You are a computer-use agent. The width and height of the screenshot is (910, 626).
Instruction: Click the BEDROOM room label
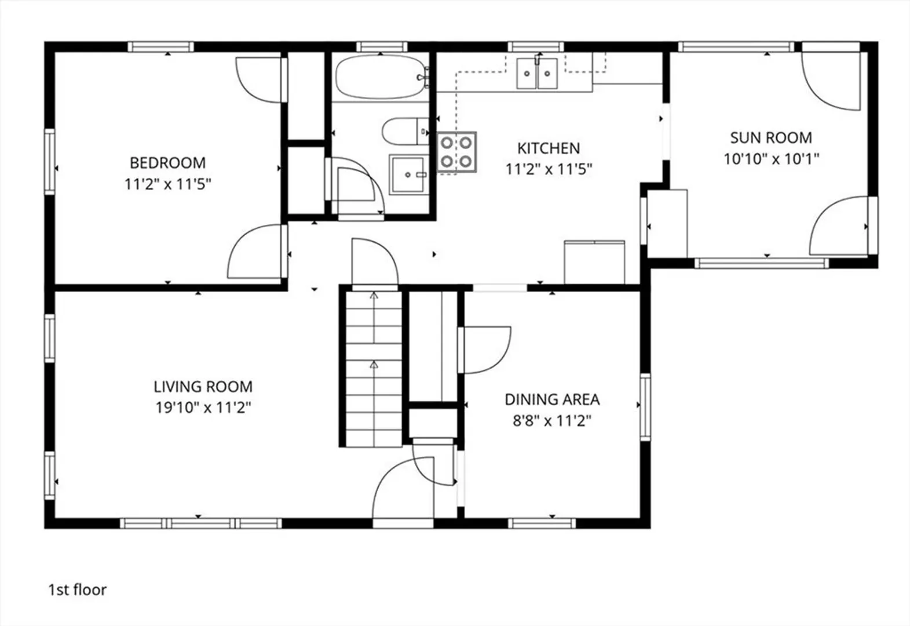tap(167, 163)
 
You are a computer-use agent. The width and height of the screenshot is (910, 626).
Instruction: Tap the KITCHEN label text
tap(549, 148)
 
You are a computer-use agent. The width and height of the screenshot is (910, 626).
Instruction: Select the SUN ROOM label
tap(771, 138)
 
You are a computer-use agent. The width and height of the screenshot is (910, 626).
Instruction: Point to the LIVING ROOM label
tap(203, 386)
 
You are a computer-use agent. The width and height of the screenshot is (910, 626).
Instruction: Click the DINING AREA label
tap(552, 399)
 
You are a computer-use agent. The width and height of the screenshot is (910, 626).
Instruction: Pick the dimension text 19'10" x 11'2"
tap(203, 407)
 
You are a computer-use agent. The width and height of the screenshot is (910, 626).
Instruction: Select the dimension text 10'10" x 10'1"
tap(771, 159)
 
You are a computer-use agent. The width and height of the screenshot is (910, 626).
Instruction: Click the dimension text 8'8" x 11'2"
tap(551, 421)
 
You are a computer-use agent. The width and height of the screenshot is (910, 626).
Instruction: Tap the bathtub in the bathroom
tap(381, 77)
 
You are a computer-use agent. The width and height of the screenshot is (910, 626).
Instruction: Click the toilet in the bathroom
tap(405, 132)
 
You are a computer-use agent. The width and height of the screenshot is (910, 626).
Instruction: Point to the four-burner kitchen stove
tap(456, 152)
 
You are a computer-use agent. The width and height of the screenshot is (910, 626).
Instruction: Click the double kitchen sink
tap(537, 74)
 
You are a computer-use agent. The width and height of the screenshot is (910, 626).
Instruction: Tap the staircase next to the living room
tap(374, 369)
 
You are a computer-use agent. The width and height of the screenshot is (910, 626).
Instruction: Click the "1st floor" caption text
tap(77, 590)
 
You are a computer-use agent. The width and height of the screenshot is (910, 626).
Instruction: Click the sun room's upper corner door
tap(831, 81)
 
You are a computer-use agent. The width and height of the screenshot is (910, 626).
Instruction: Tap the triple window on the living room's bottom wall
tap(201, 523)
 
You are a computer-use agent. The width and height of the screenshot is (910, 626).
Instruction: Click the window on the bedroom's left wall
tap(50, 162)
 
